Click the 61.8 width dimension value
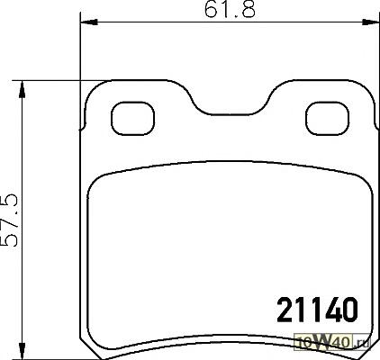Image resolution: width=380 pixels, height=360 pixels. pos(230,9)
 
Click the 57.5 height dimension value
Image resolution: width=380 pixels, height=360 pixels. pos(10,220)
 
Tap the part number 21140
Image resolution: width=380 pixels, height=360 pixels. pos(318,310)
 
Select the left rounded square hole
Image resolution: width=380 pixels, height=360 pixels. pos(132,119)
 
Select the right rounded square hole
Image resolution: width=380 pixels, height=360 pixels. pos(327,119)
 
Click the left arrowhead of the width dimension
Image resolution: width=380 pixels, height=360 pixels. pos(89,22)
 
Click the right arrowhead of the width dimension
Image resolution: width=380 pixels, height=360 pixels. pos(370,22)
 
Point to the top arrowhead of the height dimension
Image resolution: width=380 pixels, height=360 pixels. pos(22,89)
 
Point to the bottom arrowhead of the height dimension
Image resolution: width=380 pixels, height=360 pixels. pos(22,350)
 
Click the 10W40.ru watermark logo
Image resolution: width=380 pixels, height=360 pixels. pos(333,342)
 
